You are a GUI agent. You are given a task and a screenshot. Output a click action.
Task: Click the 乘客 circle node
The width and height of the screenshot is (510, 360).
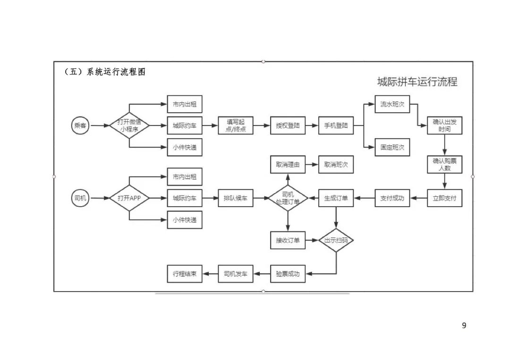(x=80, y=126)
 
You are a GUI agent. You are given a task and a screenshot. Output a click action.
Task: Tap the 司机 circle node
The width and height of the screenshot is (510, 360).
(x=80, y=199)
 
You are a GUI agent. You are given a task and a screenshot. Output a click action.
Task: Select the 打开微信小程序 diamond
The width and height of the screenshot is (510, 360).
(x=129, y=126)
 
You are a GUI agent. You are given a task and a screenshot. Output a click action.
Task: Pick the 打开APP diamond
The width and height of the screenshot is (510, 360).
(x=129, y=199)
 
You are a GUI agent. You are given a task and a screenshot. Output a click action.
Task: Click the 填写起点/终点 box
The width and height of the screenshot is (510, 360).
(x=235, y=126)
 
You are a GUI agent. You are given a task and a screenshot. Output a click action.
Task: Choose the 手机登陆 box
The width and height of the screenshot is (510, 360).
(x=336, y=126)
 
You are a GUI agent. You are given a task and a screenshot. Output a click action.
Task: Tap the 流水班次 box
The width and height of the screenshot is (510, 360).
(x=392, y=104)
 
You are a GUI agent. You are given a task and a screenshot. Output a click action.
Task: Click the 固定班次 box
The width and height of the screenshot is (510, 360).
(x=392, y=147)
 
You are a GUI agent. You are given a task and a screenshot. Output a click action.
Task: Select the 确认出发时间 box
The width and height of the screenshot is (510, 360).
(x=444, y=126)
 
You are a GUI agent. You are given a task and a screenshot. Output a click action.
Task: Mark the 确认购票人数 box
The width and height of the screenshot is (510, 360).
(x=444, y=164)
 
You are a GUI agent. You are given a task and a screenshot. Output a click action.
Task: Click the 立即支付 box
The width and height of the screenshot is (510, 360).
(x=444, y=199)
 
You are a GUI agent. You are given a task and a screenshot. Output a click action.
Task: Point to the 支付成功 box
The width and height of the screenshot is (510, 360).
(x=392, y=199)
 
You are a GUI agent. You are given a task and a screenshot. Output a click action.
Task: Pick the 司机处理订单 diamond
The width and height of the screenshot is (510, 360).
(x=288, y=199)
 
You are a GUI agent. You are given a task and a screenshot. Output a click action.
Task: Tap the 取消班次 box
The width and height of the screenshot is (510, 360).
(x=336, y=165)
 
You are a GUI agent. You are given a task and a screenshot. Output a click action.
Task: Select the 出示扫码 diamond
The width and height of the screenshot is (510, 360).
(x=336, y=241)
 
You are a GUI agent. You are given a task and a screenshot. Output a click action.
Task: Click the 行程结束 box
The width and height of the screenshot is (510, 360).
(x=185, y=274)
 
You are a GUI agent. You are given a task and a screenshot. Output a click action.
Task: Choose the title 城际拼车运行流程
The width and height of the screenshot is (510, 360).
(x=417, y=82)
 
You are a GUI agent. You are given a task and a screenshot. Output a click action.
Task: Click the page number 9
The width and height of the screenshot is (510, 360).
(x=464, y=326)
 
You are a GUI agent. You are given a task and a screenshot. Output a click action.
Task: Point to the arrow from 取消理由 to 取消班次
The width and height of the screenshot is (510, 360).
(x=312, y=165)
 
